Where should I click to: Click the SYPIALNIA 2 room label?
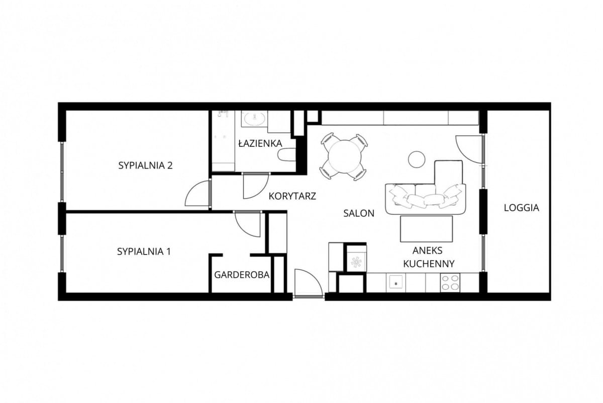tap(145, 165)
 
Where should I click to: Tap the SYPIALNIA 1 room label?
tap(144, 252)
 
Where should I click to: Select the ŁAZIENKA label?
tap(260, 143)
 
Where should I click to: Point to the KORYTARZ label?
tap(292, 196)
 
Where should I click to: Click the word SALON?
tap(359, 213)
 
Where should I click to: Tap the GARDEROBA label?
tap(242, 275)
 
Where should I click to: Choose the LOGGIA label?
tap(522, 208)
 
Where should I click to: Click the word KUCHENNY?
tap(429, 263)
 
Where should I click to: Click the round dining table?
tap(345, 156)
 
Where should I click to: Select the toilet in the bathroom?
tap(287, 155)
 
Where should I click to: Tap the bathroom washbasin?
tap(254, 119)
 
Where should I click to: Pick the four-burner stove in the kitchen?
tap(450, 283)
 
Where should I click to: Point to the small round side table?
tap(417, 159)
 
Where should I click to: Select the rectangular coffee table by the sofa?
tap(427, 229)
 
